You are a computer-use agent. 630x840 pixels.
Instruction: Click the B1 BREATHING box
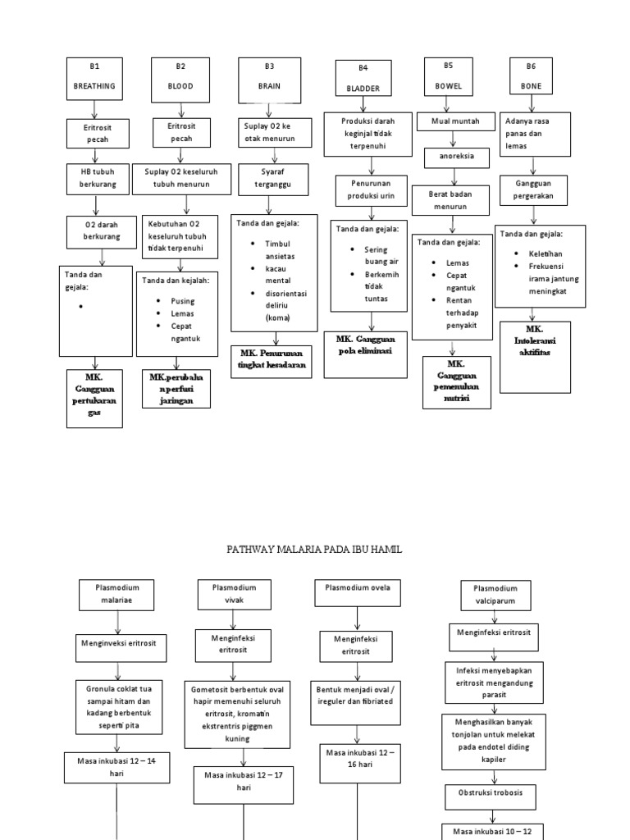[94, 78]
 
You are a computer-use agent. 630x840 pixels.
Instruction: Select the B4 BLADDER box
[363, 79]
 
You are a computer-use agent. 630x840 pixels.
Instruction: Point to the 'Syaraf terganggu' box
[275, 180]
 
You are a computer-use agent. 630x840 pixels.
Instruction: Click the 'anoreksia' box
[452, 157]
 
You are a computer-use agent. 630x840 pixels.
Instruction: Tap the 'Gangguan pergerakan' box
[534, 192]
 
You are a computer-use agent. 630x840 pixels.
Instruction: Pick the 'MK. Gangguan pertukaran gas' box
[95, 398]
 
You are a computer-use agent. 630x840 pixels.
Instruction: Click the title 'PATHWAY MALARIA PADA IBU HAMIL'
[315, 549]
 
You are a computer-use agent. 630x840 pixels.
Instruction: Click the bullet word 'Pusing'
[183, 301]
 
